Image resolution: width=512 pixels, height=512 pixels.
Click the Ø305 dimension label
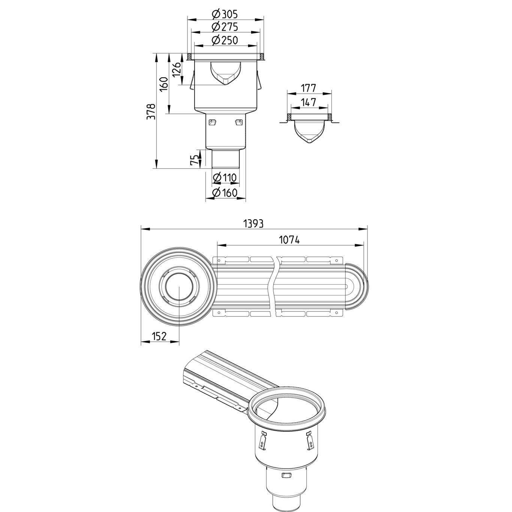tap(225, 14)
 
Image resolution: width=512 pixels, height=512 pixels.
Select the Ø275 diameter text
tap(225, 27)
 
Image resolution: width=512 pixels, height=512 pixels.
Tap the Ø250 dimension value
tap(225, 40)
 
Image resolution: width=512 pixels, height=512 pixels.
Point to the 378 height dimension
tap(151, 112)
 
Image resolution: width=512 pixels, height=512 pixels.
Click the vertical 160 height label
tap(164, 84)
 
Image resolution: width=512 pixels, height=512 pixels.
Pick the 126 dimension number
tap(177, 69)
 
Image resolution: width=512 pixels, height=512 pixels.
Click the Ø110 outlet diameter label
tap(225, 177)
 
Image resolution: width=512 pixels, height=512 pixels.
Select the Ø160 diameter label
tap(225, 192)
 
